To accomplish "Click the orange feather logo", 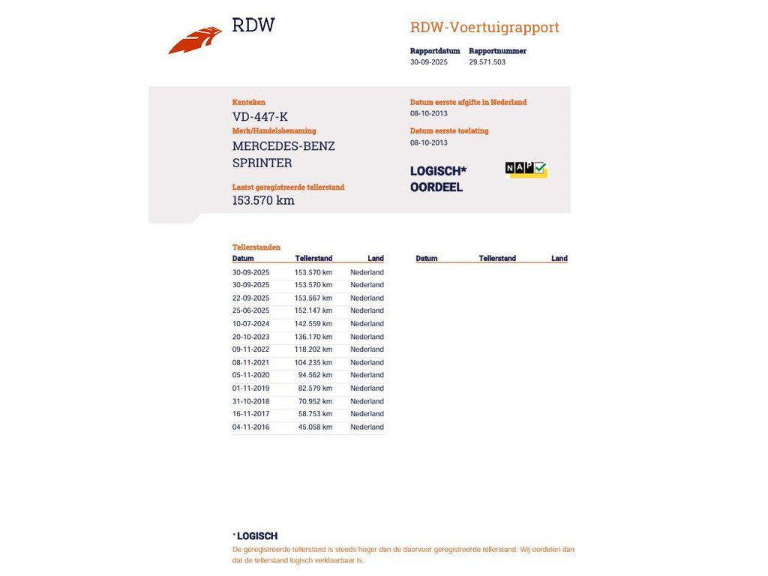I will coord(195,40).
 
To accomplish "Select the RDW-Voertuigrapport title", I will coord(484,28).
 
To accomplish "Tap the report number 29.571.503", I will coord(487,62).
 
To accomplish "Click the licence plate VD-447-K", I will coord(260,116).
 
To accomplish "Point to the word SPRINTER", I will coord(262,163).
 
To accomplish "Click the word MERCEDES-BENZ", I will coord(283,145).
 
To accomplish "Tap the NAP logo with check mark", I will coord(526,169).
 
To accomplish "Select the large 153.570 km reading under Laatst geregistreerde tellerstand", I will coord(263,200).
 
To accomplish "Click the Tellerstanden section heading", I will coord(256,247).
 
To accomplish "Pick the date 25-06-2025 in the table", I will coord(250,310).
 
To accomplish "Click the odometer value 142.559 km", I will coord(313,324).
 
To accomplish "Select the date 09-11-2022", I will coord(250,349).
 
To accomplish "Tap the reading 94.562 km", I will coord(315,375).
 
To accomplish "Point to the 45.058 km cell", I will coord(315,427).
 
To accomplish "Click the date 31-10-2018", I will coord(250,401).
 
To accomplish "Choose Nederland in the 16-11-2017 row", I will coord(367,414).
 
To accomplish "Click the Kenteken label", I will coord(249,102).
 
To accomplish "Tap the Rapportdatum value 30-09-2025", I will coord(429,62).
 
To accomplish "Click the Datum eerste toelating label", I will coord(449,130).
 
